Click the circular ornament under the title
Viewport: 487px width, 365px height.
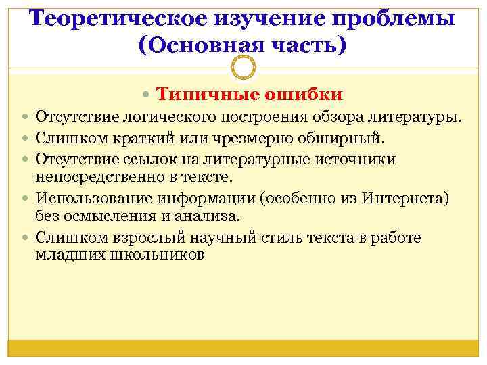tap(243, 68)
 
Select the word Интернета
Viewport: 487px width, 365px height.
tap(406, 198)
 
